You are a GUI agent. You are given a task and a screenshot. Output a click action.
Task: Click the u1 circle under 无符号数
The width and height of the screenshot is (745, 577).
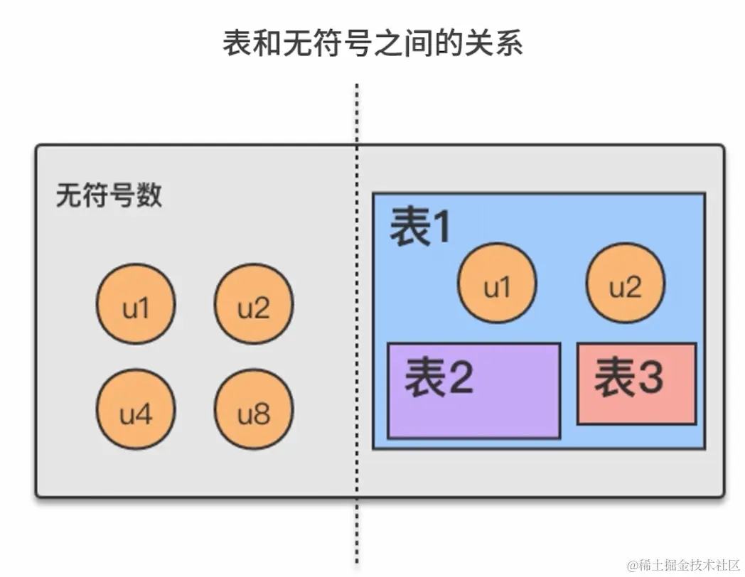[136, 304]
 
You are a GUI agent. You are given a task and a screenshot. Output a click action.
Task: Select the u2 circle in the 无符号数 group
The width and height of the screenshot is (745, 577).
[254, 304]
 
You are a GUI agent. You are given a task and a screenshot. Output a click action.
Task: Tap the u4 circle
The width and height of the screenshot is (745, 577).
[136, 411]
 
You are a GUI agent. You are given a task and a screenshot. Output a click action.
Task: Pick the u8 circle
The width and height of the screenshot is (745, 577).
[254, 411]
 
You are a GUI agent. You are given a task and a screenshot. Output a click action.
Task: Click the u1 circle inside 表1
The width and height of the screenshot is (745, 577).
[497, 283]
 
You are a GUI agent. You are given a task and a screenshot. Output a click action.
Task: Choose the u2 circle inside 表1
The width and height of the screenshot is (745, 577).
[625, 283]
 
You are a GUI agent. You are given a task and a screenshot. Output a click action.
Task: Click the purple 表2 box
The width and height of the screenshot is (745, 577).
[473, 390]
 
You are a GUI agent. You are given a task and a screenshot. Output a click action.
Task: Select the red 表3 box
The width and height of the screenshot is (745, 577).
[636, 384]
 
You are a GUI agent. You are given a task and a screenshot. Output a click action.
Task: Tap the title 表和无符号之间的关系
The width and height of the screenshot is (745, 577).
[372, 43]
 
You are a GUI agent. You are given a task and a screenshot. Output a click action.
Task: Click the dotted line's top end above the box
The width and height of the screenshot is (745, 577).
[357, 87]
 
